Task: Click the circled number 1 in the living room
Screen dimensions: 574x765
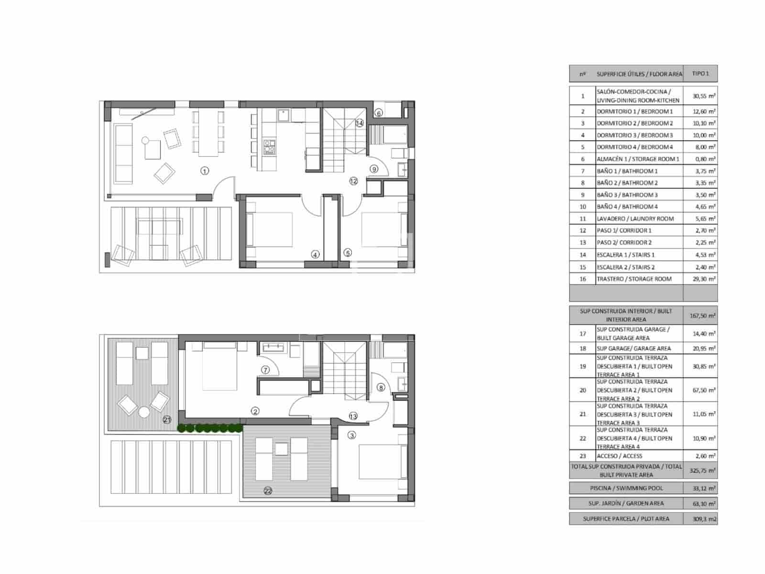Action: click(x=205, y=171)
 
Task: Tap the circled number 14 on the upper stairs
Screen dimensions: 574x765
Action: click(x=360, y=123)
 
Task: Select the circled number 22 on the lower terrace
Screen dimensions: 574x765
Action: click(x=268, y=491)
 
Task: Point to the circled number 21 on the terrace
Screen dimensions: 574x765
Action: click(x=167, y=419)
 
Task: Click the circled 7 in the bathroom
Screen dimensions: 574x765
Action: click(x=265, y=370)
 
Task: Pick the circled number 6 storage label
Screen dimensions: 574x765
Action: click(x=379, y=113)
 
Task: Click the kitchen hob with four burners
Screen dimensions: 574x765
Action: click(x=269, y=146)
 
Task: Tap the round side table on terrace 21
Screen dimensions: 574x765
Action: click(x=144, y=412)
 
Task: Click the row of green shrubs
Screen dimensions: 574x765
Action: click(x=210, y=428)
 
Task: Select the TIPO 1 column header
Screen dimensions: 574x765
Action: click(x=700, y=74)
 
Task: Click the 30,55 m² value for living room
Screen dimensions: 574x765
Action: click(x=700, y=96)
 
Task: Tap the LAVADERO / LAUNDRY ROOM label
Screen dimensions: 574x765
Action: click(x=635, y=219)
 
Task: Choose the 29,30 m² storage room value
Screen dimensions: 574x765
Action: click(x=700, y=279)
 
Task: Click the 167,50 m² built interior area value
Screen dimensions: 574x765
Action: click(x=700, y=315)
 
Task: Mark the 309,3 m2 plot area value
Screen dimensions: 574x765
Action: click(x=700, y=519)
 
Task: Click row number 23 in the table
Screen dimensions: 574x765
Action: click(x=582, y=456)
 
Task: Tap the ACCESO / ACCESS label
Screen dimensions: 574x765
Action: click(x=619, y=456)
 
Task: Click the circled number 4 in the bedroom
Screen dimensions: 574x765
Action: click(x=315, y=254)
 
